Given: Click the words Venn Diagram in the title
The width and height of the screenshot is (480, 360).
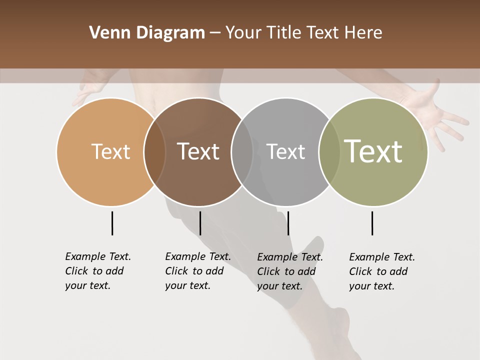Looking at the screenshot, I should click(146, 33).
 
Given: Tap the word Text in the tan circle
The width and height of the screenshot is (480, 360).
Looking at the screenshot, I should click(110, 151).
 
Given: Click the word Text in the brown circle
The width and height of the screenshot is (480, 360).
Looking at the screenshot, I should click(198, 151).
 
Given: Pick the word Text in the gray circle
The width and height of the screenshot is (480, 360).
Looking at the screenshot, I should click(285, 151).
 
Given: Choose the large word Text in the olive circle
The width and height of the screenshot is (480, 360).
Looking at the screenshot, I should click(373, 151).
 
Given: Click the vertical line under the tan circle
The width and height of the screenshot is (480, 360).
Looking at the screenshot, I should click(112, 223).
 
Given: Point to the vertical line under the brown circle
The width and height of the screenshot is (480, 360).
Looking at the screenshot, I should click(200, 223).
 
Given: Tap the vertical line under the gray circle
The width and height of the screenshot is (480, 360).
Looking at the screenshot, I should click(288, 223).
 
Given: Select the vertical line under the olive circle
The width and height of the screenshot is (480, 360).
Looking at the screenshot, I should click(372, 223).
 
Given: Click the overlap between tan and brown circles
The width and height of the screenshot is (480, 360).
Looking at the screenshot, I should click(154, 152).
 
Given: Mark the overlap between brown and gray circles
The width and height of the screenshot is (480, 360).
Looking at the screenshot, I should click(242, 152).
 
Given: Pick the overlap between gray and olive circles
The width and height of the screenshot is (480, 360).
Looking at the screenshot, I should click(329, 152).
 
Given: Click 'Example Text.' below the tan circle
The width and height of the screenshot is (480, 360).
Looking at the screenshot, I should click(98, 256).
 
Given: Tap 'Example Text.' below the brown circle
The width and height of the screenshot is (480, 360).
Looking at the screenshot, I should click(198, 256).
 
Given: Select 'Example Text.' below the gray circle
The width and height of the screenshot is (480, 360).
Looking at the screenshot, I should click(290, 257).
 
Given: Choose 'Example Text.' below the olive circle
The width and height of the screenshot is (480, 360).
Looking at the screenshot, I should click(382, 257).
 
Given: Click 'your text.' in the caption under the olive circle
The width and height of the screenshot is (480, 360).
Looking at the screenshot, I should click(371, 286).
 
